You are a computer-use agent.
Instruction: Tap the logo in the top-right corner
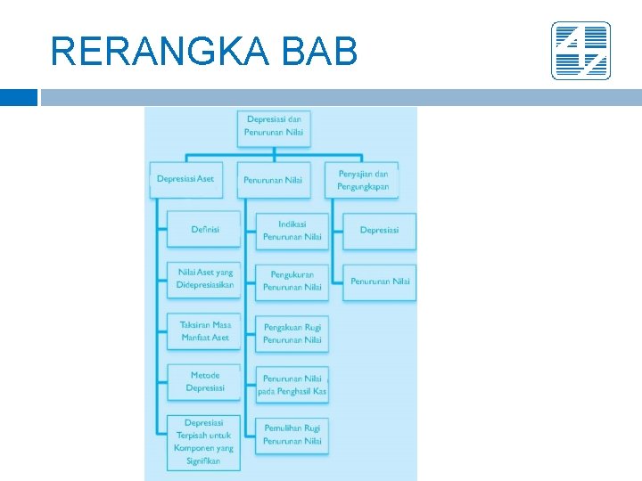[x=580, y=51]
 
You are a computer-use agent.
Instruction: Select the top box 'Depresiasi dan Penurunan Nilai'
[x=274, y=126]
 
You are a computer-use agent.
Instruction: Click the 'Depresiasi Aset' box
[x=185, y=179]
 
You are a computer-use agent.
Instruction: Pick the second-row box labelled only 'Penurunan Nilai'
[x=273, y=180]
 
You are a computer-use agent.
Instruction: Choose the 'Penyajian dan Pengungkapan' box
[x=363, y=180]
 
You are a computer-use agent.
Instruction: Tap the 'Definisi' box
[x=204, y=230]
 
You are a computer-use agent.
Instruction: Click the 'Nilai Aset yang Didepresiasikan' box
[x=204, y=279]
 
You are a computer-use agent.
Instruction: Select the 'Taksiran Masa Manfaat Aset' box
[x=204, y=331]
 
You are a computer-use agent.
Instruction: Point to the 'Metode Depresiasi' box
[x=204, y=382]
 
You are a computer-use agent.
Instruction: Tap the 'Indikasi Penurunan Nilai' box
[x=292, y=231]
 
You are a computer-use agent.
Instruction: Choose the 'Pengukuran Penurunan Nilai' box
[x=292, y=281]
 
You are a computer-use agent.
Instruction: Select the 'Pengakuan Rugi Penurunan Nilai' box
[x=292, y=334]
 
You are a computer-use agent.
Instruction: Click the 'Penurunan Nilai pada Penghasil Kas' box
[x=292, y=385]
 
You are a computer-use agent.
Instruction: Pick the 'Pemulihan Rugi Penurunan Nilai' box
[x=292, y=435]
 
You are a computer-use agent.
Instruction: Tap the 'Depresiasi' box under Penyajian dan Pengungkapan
[x=379, y=231]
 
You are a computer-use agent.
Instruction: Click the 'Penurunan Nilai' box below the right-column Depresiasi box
[x=379, y=281]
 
